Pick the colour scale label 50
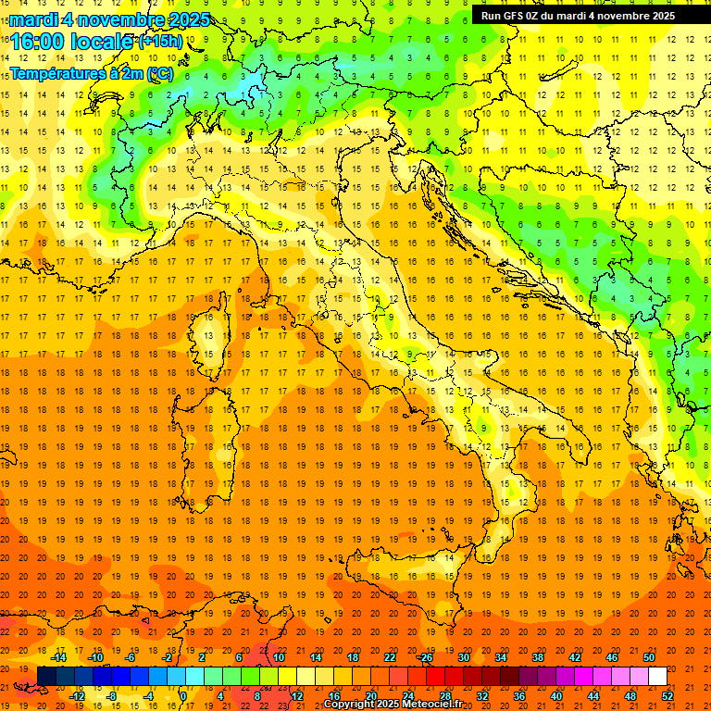[649, 657]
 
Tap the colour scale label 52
[667, 695]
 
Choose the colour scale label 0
[183, 695]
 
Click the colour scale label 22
[390, 657]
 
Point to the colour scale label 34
[501, 657]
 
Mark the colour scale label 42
[575, 657]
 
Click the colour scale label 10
[279, 657]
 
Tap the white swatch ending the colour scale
[657, 677]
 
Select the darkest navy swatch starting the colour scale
[46, 677]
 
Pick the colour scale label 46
[612, 657]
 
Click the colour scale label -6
[131, 657]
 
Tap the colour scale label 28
[445, 695]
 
